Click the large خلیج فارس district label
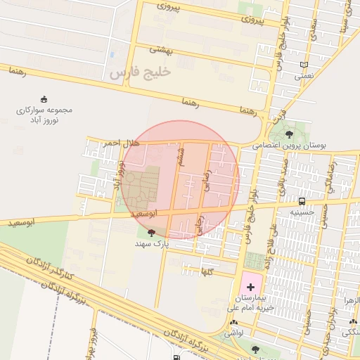coord(141,72)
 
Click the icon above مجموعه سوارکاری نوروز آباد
coord(44,99)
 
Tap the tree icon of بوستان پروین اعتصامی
coord(290,133)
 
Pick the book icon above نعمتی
coord(304,65)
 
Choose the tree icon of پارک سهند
coord(151,233)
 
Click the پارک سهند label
coord(152,243)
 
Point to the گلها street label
coord(207,270)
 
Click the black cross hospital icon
coord(250,287)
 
